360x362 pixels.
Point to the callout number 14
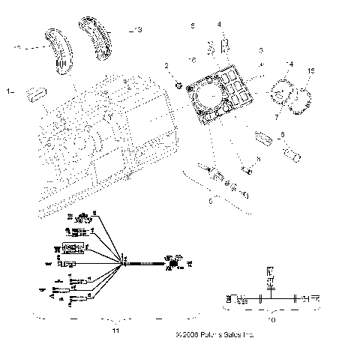click(291, 64)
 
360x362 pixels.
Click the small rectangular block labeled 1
click(34, 94)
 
